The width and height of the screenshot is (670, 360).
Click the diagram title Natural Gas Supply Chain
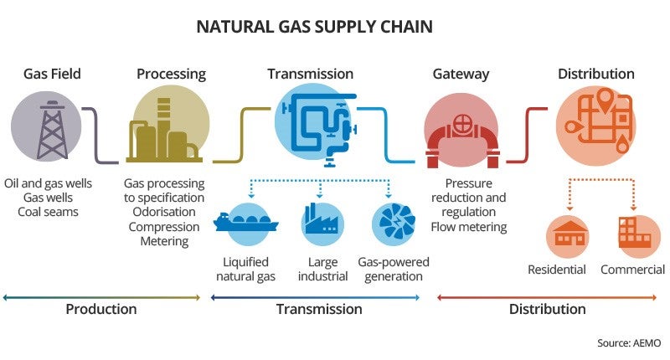(x=314, y=27)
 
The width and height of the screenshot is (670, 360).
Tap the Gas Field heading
(x=52, y=75)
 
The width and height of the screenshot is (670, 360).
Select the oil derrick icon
(x=47, y=127)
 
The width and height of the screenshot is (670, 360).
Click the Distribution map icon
(x=595, y=126)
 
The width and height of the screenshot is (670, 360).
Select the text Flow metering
(x=469, y=226)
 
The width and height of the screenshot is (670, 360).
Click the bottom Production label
(x=101, y=309)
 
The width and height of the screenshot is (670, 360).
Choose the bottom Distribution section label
(x=548, y=309)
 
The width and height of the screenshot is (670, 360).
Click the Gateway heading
(x=461, y=75)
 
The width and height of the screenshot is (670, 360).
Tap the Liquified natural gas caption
(x=243, y=270)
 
